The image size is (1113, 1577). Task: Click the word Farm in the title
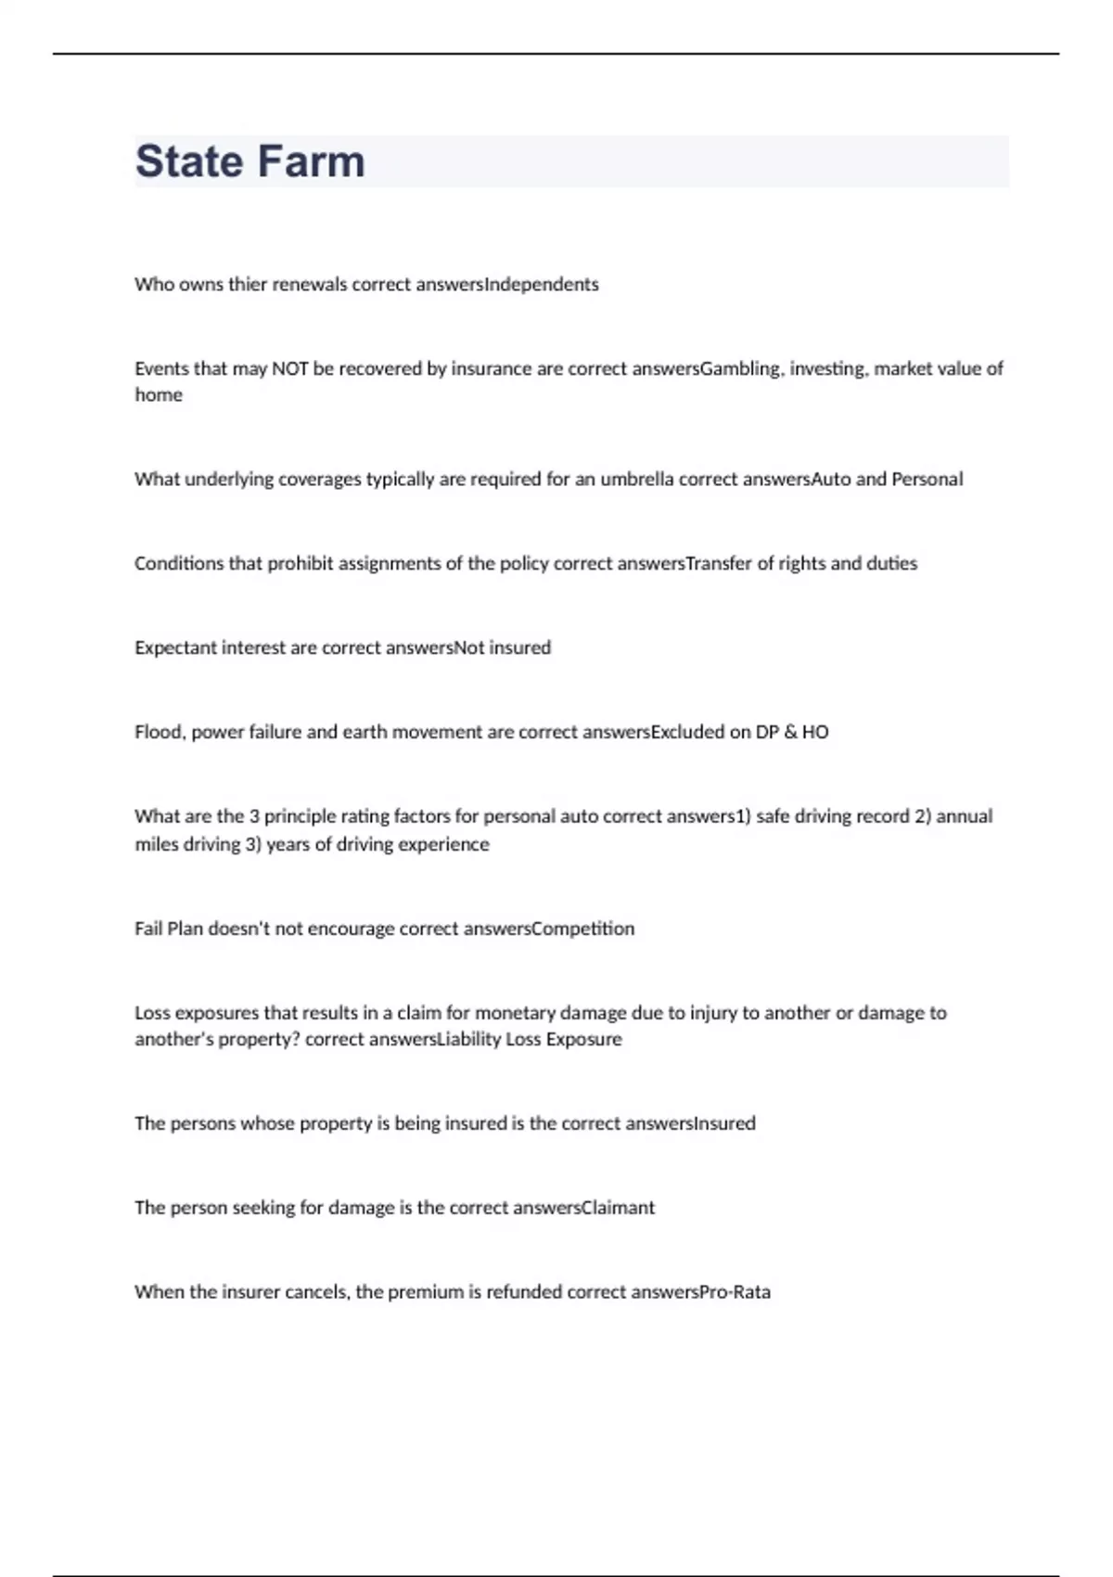308,161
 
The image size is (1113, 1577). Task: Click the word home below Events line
159,395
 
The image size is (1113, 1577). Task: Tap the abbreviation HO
815,733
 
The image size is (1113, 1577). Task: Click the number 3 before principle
254,817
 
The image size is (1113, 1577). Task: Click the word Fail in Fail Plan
148,930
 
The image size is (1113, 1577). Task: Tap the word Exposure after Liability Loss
583,1040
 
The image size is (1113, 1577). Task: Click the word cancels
317,1292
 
